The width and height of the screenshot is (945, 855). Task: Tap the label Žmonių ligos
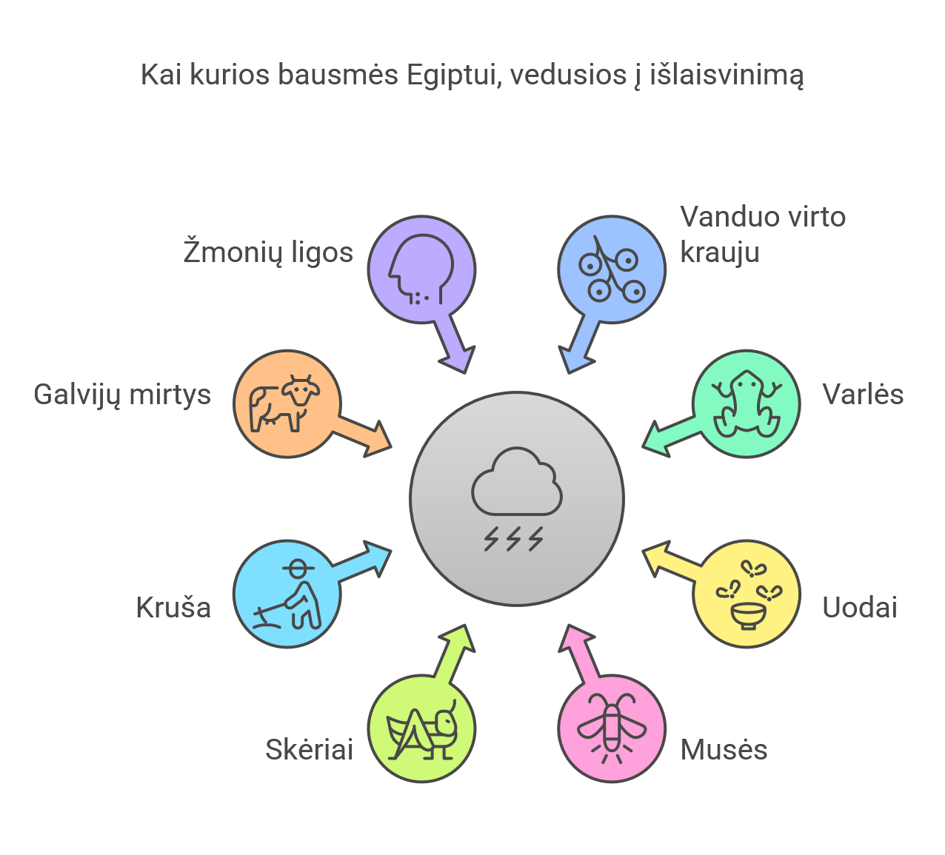[x=268, y=252]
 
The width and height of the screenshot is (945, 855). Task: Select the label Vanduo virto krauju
[x=762, y=234]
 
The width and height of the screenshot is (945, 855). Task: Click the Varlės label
[x=863, y=395]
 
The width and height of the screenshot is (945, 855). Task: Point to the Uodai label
[x=860, y=608]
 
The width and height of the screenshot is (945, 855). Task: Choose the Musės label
[x=724, y=750]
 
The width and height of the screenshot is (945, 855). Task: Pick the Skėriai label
[x=310, y=750]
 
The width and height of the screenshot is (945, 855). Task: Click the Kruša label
[x=173, y=608]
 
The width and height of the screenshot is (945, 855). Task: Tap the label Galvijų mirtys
[x=122, y=395]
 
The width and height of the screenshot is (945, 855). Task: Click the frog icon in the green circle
[x=746, y=403]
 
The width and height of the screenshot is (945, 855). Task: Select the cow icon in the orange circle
[x=285, y=403]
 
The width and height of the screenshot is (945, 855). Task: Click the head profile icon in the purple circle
[x=420, y=269]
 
